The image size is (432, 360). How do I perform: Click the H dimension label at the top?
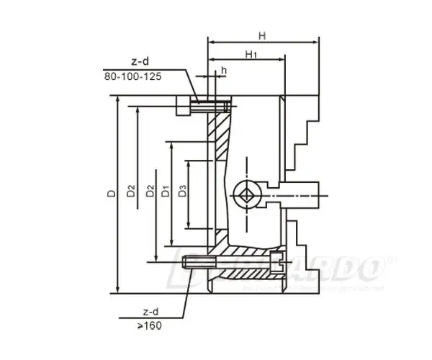(x=262, y=35)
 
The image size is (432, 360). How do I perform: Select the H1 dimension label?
(x=251, y=54)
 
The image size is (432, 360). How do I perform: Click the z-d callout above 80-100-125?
(x=140, y=63)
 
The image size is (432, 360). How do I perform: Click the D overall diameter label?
(x=109, y=194)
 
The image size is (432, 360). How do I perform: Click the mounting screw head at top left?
(x=184, y=107)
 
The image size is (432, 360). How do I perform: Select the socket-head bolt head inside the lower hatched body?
(x=276, y=261)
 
